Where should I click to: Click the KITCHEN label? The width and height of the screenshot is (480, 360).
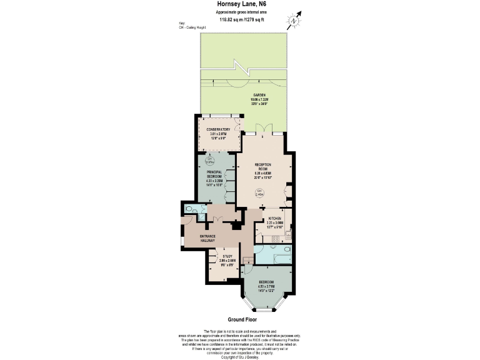pos(275,218)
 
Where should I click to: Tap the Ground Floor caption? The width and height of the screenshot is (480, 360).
pos(240,319)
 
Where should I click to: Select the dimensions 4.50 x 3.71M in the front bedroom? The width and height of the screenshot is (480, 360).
pos(266,286)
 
